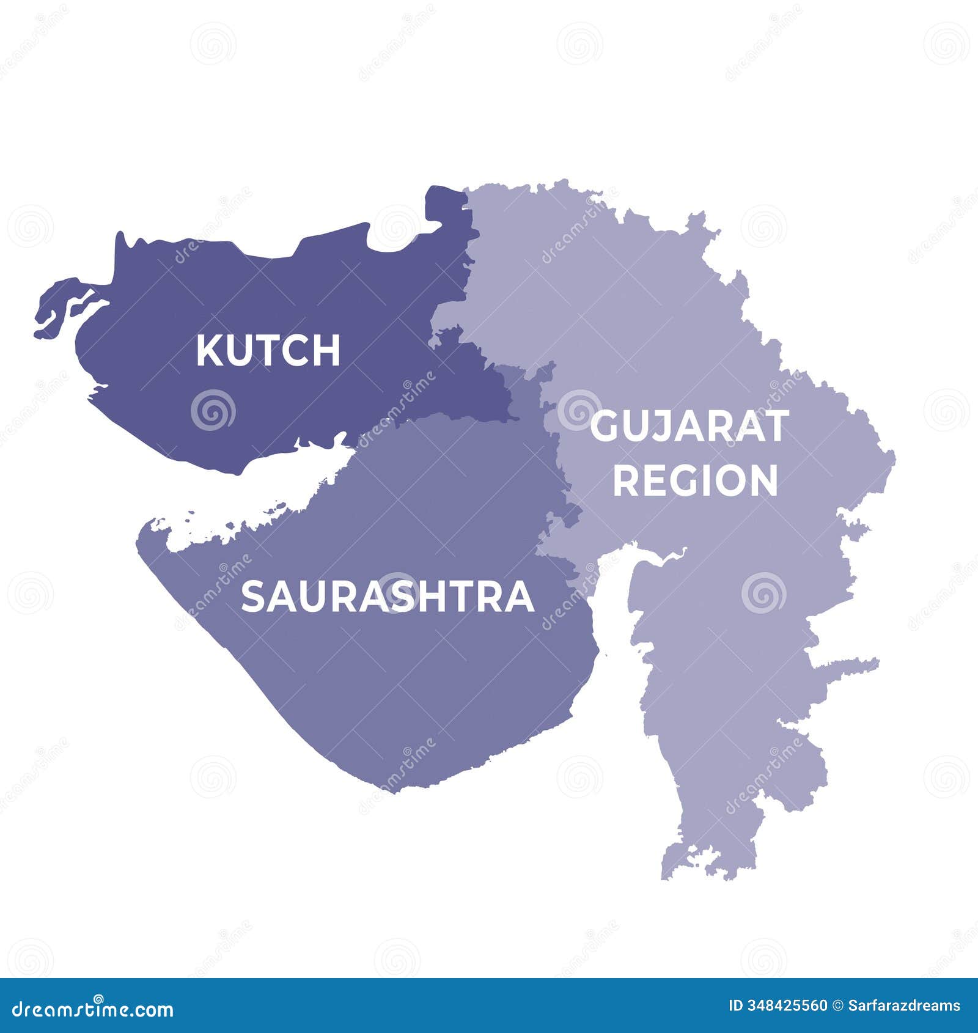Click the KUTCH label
268,350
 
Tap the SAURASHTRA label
388,597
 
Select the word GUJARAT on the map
689,427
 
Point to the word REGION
695,480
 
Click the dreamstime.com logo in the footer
93,1009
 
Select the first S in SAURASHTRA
252,597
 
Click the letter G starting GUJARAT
605,427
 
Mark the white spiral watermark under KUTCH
213,410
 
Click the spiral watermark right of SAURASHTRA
762,593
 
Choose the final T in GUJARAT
776,427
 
